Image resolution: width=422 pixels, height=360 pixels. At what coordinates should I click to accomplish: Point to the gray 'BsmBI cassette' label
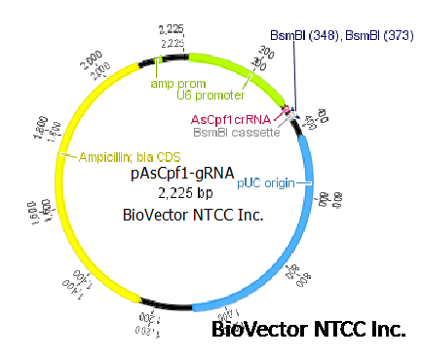(x=236, y=133)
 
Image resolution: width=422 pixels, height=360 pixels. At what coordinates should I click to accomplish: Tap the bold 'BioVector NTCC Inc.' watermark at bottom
(x=308, y=330)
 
